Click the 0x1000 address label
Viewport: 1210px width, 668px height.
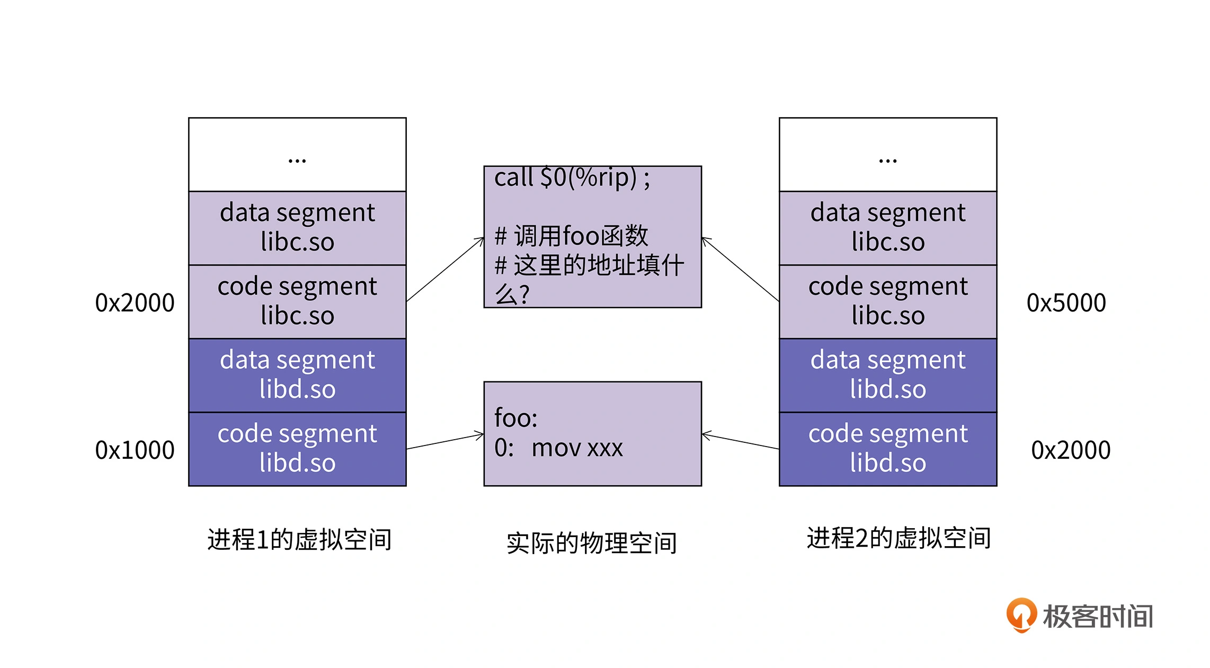135,450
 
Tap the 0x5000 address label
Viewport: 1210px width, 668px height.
1066,303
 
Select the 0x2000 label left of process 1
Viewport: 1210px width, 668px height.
135,303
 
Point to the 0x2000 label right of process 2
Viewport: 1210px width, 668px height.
1070,450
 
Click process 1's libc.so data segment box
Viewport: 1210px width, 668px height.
297,228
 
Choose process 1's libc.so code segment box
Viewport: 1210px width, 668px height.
297,301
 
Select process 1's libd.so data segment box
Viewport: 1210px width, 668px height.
297,375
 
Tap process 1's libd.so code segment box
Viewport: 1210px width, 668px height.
297,449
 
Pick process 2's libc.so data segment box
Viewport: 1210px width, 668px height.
888,228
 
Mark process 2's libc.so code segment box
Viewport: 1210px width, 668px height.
888,301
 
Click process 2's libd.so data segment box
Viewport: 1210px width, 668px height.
888,375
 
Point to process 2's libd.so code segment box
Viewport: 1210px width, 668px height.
888,449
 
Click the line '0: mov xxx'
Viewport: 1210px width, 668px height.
558,448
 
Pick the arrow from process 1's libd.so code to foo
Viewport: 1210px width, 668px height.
445,442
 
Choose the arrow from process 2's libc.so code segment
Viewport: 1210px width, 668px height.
740,270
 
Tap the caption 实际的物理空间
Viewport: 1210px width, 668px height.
592,543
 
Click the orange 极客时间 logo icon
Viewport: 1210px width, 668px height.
1021,614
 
